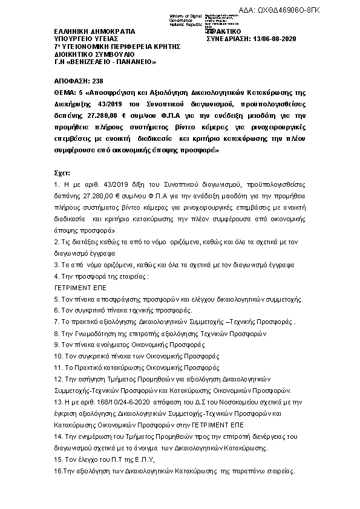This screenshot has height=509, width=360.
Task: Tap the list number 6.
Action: pos(57,310)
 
